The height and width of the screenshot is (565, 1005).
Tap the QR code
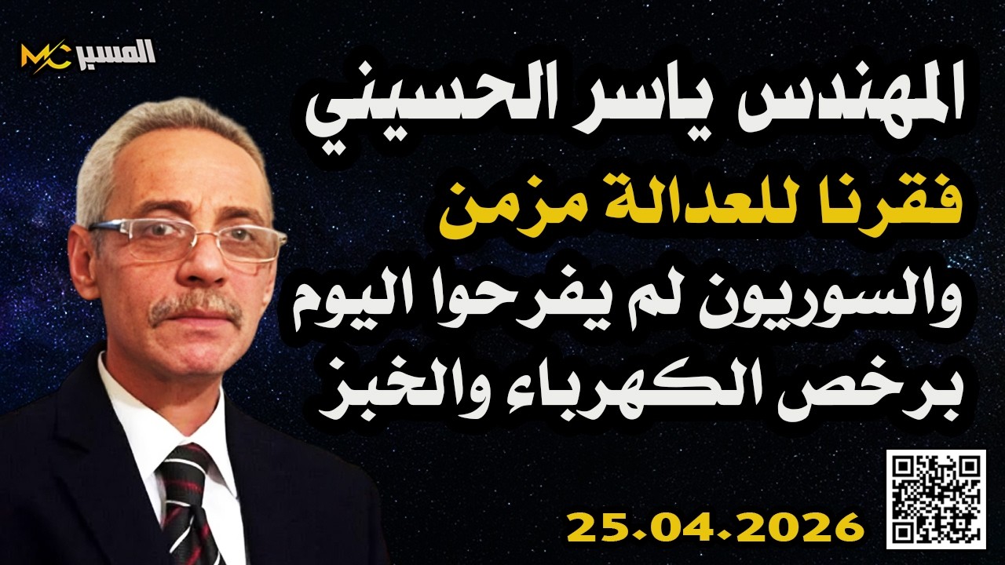point(935,499)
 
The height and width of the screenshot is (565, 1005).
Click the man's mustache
point(196,308)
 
